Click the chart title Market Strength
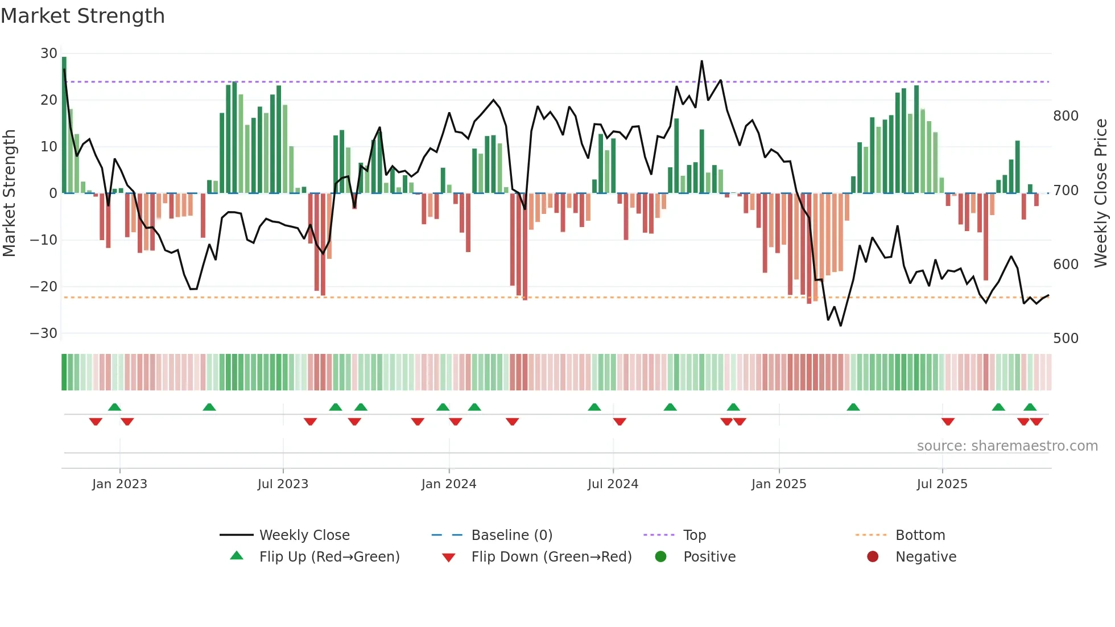(82, 16)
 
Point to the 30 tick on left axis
(48, 53)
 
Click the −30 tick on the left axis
(44, 333)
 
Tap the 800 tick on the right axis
(1066, 116)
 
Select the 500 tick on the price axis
(1066, 339)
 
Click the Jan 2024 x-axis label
(448, 484)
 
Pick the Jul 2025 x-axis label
(941, 484)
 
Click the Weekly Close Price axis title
(1101, 193)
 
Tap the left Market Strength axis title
(9, 193)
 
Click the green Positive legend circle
(660, 556)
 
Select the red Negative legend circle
(873, 556)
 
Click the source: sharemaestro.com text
(1007, 446)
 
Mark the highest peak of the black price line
(701, 61)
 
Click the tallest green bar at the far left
(64, 125)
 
